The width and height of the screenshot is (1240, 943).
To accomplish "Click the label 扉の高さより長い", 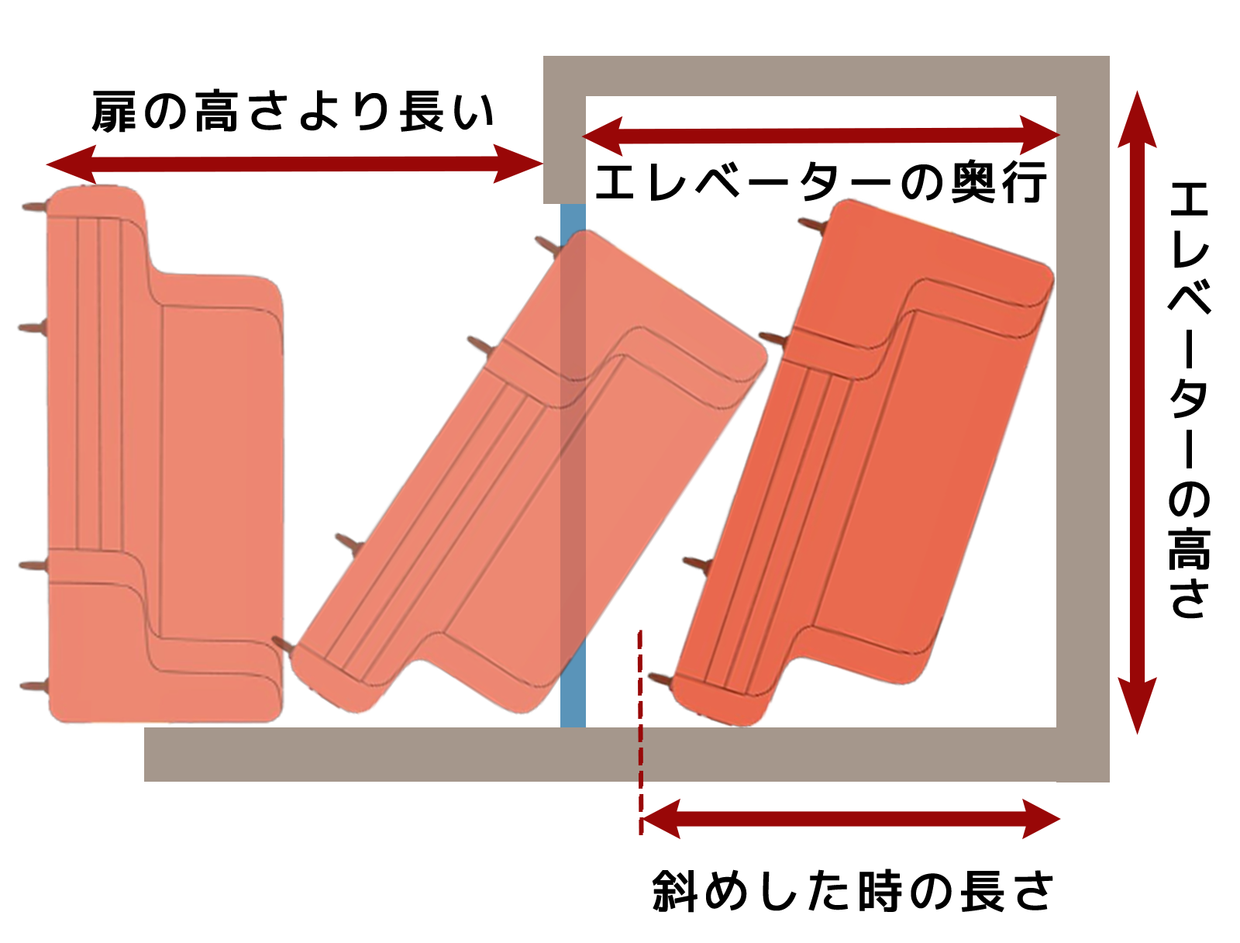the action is pos(293,112).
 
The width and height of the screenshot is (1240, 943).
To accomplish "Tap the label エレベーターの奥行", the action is pos(820,182).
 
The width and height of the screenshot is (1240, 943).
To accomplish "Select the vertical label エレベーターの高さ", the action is pos(1189,400).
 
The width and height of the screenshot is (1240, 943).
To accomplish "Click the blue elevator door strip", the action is pos(572,465).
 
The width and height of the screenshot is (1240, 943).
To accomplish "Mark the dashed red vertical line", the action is pos(640,732).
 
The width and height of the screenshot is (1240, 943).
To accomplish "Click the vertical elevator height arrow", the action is pos(1137,413).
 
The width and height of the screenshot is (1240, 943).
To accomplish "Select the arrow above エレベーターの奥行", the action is pos(821,136).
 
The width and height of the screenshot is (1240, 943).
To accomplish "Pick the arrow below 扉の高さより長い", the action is pos(294,164).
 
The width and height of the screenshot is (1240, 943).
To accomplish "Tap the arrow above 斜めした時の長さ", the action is pos(850,819).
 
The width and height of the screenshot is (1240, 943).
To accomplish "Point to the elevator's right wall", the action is pos(1083,418).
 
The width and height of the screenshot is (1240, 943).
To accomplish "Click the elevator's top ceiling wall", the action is pos(826,76).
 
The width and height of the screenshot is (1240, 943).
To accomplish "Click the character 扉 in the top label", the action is pos(114,112).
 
